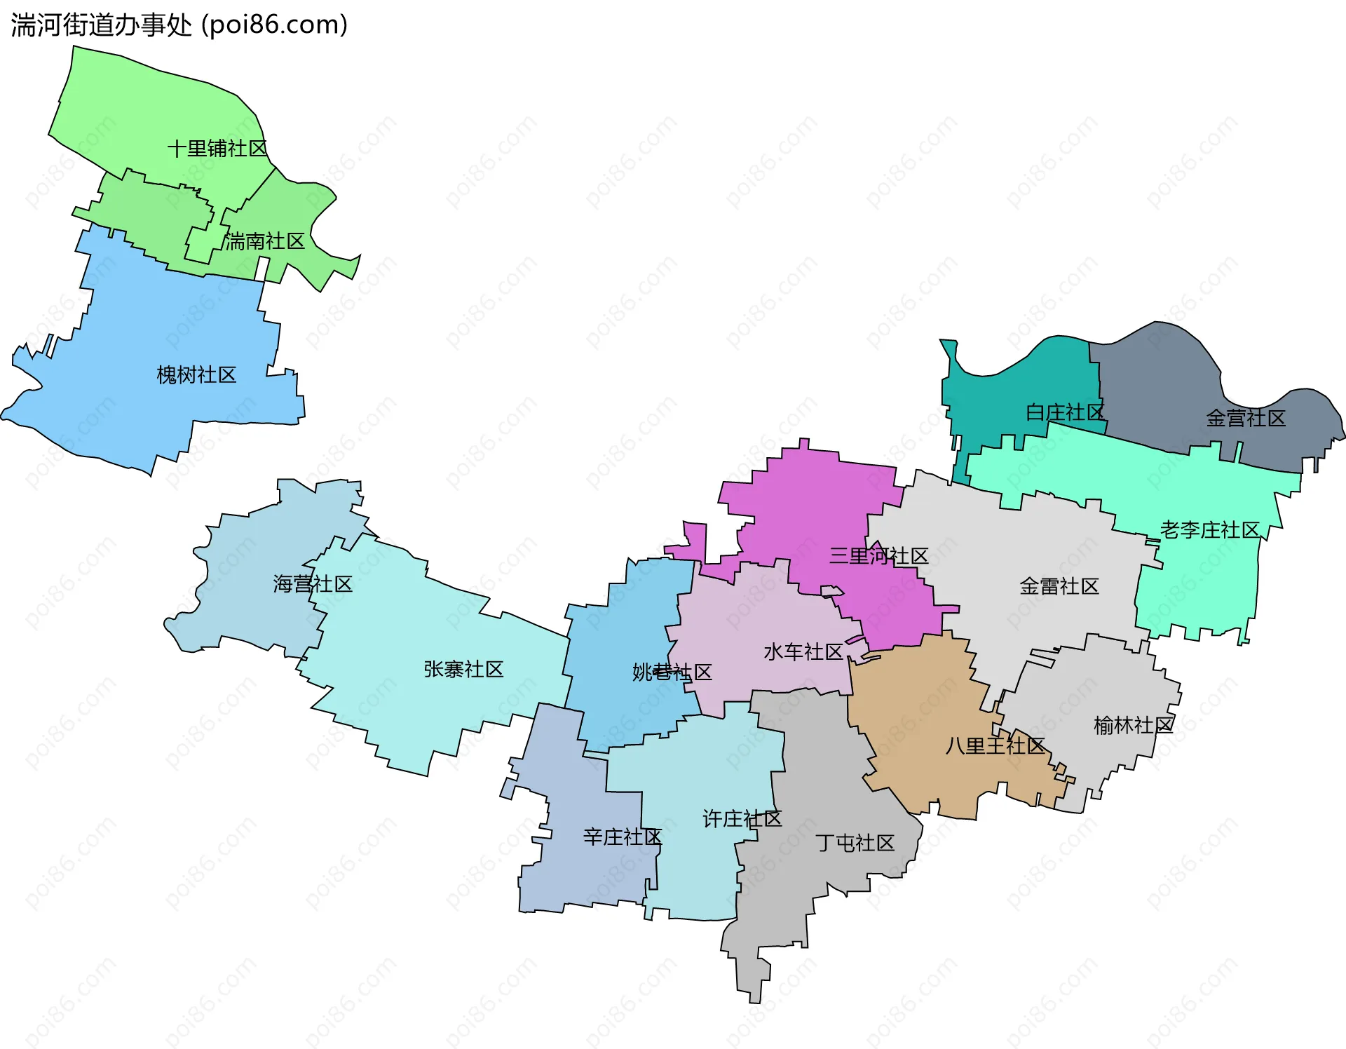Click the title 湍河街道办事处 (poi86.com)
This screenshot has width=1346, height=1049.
[179, 25]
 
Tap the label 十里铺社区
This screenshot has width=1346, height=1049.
[217, 149]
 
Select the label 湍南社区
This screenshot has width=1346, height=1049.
[265, 241]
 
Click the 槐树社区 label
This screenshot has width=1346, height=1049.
[196, 375]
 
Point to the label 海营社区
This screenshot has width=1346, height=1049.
[313, 583]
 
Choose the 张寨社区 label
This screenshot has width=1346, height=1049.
[463, 669]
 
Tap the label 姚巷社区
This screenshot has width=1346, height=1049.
[672, 672]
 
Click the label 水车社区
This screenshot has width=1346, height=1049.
[803, 652]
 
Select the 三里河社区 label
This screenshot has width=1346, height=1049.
[878, 556]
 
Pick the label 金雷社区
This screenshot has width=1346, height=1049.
[1059, 586]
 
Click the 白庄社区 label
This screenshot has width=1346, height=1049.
[1064, 412]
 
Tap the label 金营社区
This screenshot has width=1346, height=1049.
[1245, 419]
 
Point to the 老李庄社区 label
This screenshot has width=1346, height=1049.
[1209, 529]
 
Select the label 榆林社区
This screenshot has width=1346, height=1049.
[1133, 725]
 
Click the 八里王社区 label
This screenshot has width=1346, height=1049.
[994, 745]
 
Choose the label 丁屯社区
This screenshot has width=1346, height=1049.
[855, 843]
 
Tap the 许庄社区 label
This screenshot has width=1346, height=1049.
[742, 818]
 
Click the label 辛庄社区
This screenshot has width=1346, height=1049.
[622, 837]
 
